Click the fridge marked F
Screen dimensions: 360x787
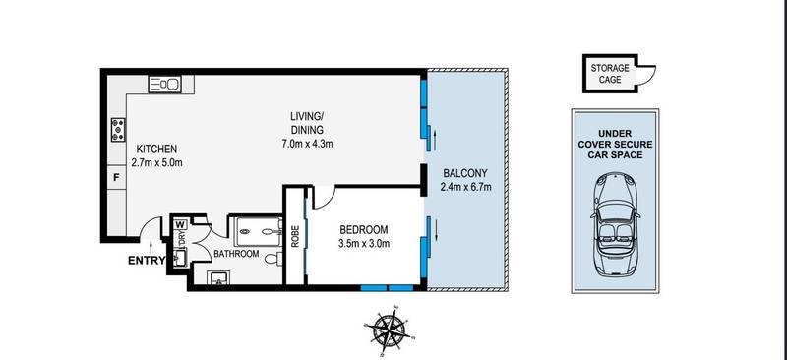[x=117, y=178]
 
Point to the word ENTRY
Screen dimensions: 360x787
[x=148, y=262]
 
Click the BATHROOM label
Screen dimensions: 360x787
[x=237, y=254]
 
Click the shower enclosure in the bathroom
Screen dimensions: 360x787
[x=258, y=230]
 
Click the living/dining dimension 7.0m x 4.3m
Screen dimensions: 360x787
[x=308, y=144]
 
